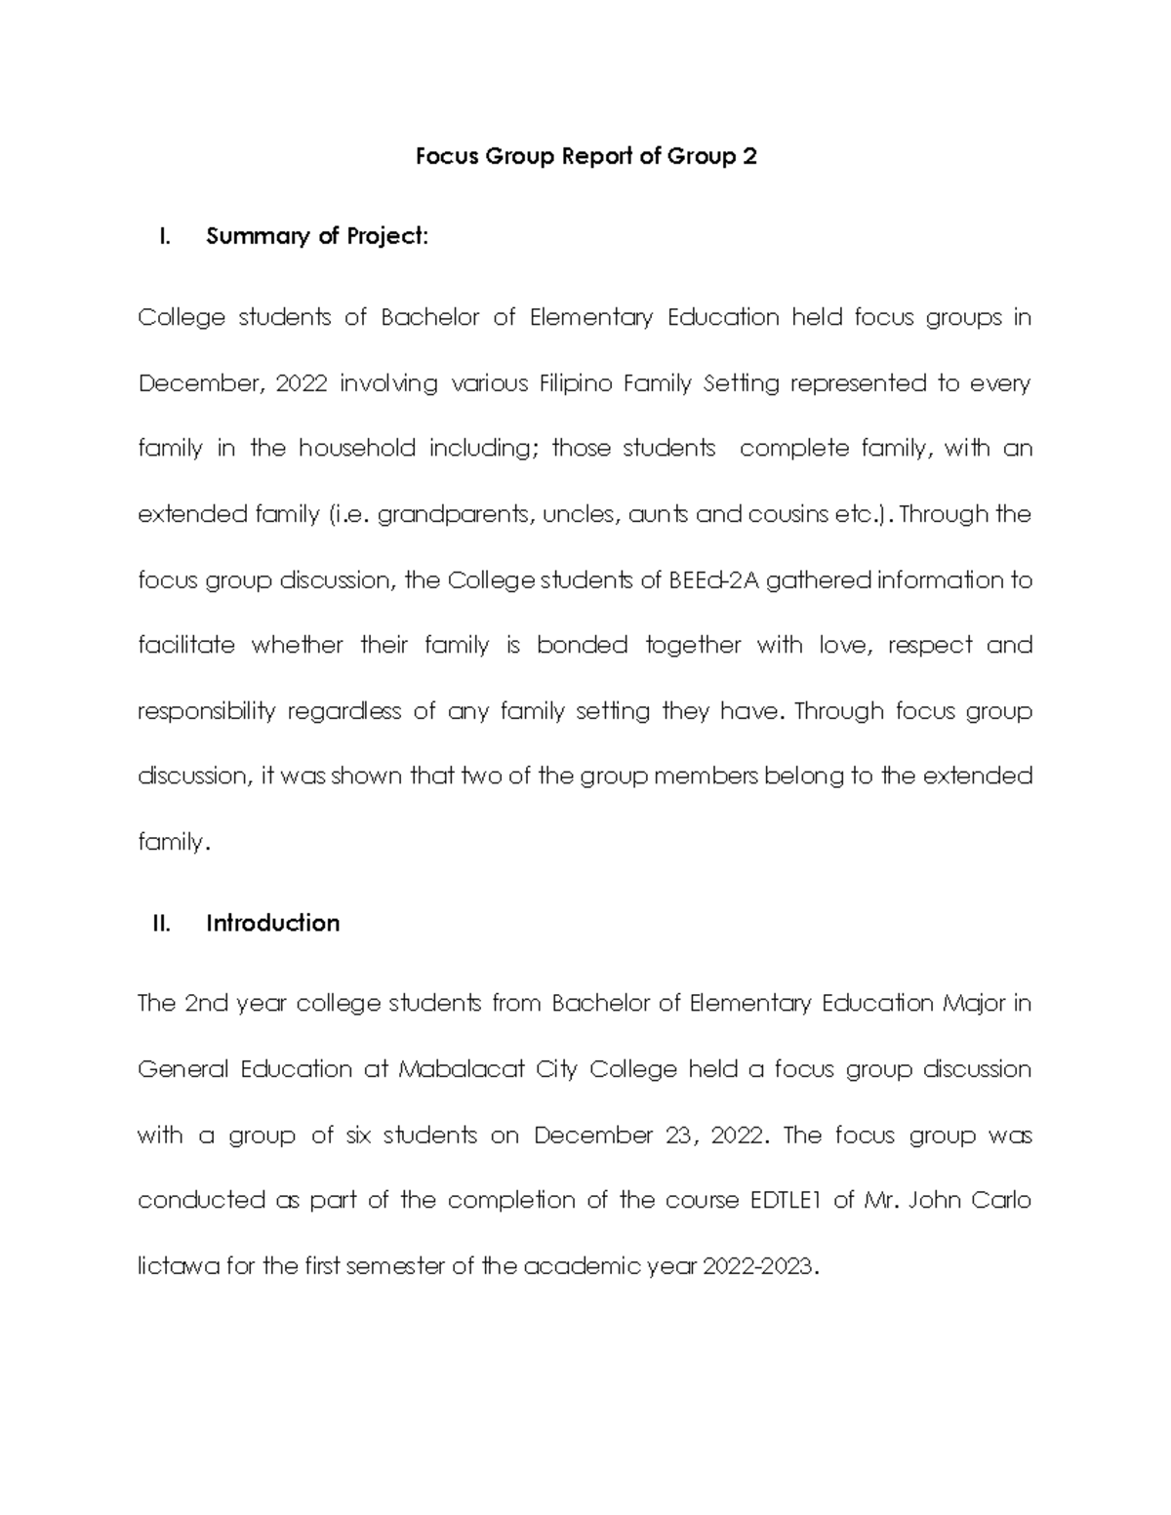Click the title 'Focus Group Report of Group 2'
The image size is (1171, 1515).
point(585,157)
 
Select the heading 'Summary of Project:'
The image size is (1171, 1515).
point(317,236)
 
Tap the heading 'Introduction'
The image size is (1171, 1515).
point(272,923)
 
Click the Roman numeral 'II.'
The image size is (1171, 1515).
point(162,923)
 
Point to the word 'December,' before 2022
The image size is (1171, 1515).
point(200,384)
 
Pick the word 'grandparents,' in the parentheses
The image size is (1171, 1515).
point(456,515)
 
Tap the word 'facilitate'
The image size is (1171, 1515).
point(186,645)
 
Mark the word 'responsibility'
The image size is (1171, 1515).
point(207,711)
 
